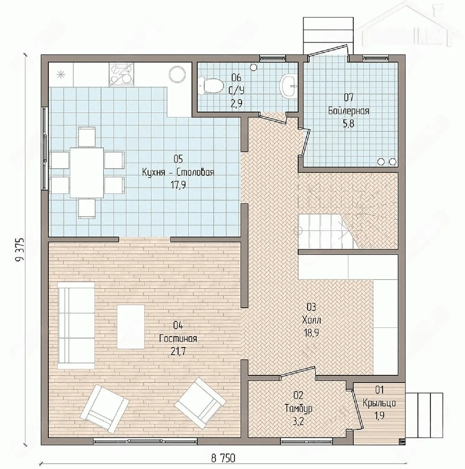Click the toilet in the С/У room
click(210, 85)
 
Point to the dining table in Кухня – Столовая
click(87, 173)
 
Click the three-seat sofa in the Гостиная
click(77, 325)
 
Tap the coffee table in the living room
click(131, 327)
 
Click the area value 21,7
click(178, 352)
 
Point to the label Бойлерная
click(349, 111)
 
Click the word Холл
click(311, 320)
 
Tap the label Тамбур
click(298, 409)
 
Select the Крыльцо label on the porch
click(379, 403)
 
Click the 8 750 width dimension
click(223, 458)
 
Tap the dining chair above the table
click(87, 136)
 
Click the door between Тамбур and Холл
click(297, 372)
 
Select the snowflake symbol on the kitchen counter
click(60, 74)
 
